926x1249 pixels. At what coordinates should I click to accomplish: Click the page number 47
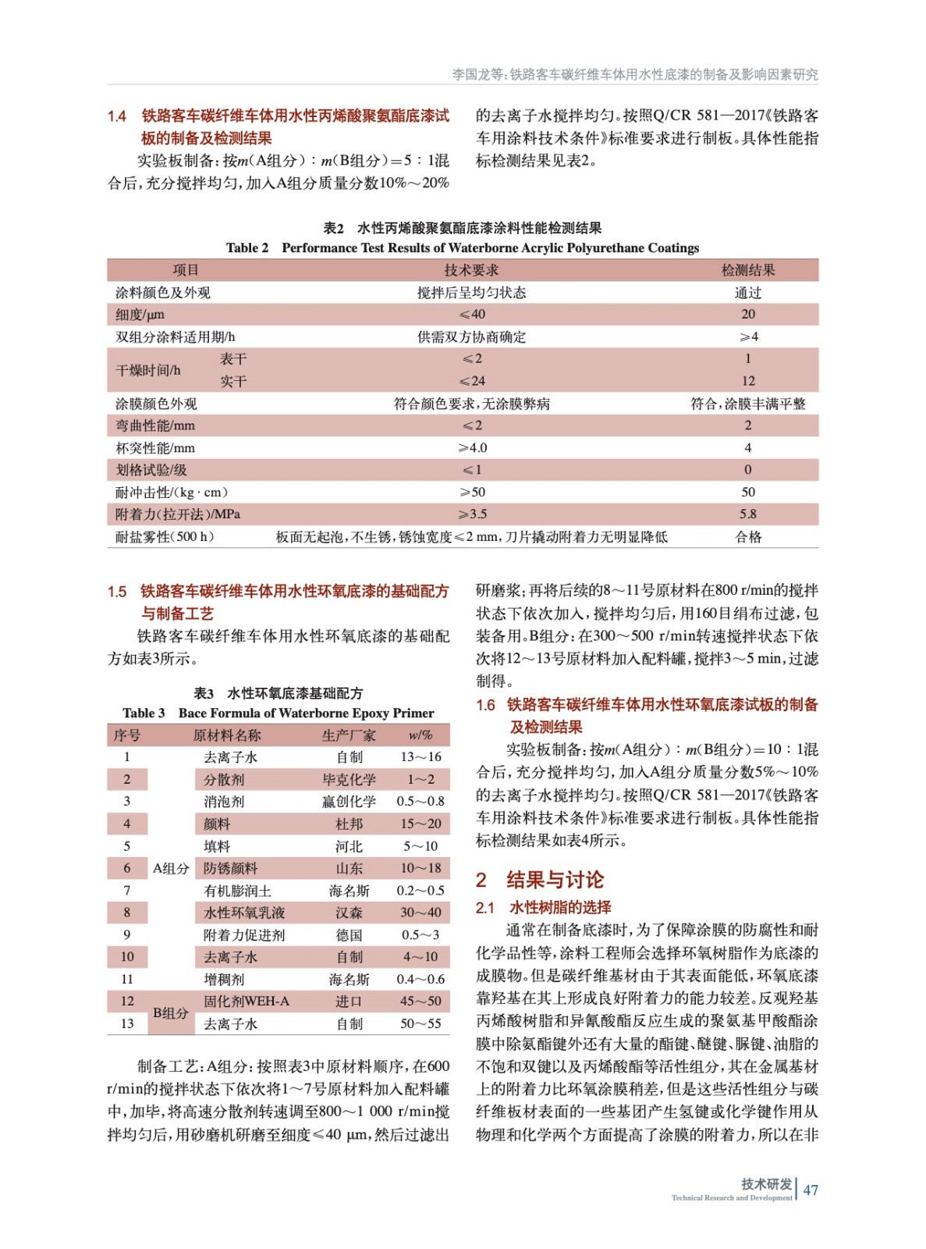tap(811, 1190)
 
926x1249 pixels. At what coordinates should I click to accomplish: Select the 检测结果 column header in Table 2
tap(747, 270)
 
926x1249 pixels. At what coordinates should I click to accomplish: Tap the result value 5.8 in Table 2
tap(747, 514)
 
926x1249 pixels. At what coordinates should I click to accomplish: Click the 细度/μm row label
tap(140, 315)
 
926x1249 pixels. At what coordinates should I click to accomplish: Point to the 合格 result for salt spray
tap(747, 537)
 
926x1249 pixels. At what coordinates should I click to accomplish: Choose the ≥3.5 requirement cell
tap(472, 514)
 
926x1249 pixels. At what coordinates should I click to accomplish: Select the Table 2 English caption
tap(462, 248)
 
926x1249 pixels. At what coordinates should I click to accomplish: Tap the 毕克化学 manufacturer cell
tap(349, 779)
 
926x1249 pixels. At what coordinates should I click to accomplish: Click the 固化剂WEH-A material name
tap(246, 1002)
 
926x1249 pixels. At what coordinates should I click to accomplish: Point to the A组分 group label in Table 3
tap(171, 868)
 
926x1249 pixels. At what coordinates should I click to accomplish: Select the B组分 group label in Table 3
tap(170, 1012)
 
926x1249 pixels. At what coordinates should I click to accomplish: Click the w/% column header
tap(420, 735)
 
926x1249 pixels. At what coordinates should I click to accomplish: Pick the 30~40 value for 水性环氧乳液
tap(420, 913)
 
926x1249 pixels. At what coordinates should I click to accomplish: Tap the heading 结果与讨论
tap(554, 880)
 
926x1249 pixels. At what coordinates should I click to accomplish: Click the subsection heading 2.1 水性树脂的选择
tap(544, 907)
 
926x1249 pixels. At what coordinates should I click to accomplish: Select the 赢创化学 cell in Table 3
tap(349, 802)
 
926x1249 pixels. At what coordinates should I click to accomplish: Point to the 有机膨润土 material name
tap(237, 891)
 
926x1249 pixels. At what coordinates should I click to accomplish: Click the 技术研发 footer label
tap(766, 1184)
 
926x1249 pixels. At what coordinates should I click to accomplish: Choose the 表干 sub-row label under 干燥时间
tap(232, 359)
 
